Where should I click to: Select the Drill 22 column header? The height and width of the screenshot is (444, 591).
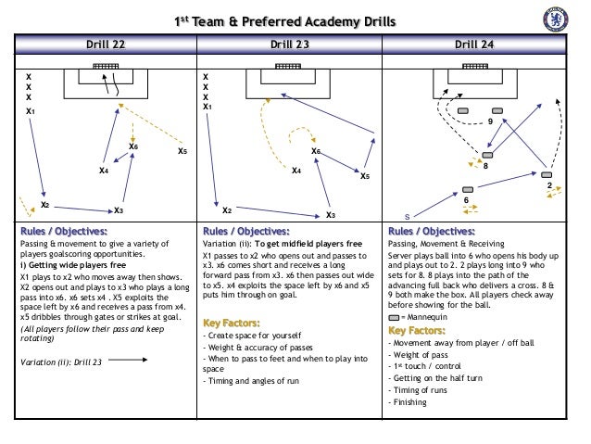(107, 44)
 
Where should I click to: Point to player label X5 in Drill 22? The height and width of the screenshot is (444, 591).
(182, 151)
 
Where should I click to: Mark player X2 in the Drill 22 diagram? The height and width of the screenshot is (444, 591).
(44, 205)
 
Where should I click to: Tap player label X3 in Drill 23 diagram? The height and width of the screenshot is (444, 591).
(330, 215)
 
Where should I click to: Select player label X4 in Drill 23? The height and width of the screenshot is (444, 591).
(295, 171)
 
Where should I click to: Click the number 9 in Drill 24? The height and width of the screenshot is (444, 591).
(490, 122)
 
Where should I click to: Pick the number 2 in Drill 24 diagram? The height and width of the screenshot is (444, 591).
(549, 186)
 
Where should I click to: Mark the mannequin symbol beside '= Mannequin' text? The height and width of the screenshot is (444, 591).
(396, 316)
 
